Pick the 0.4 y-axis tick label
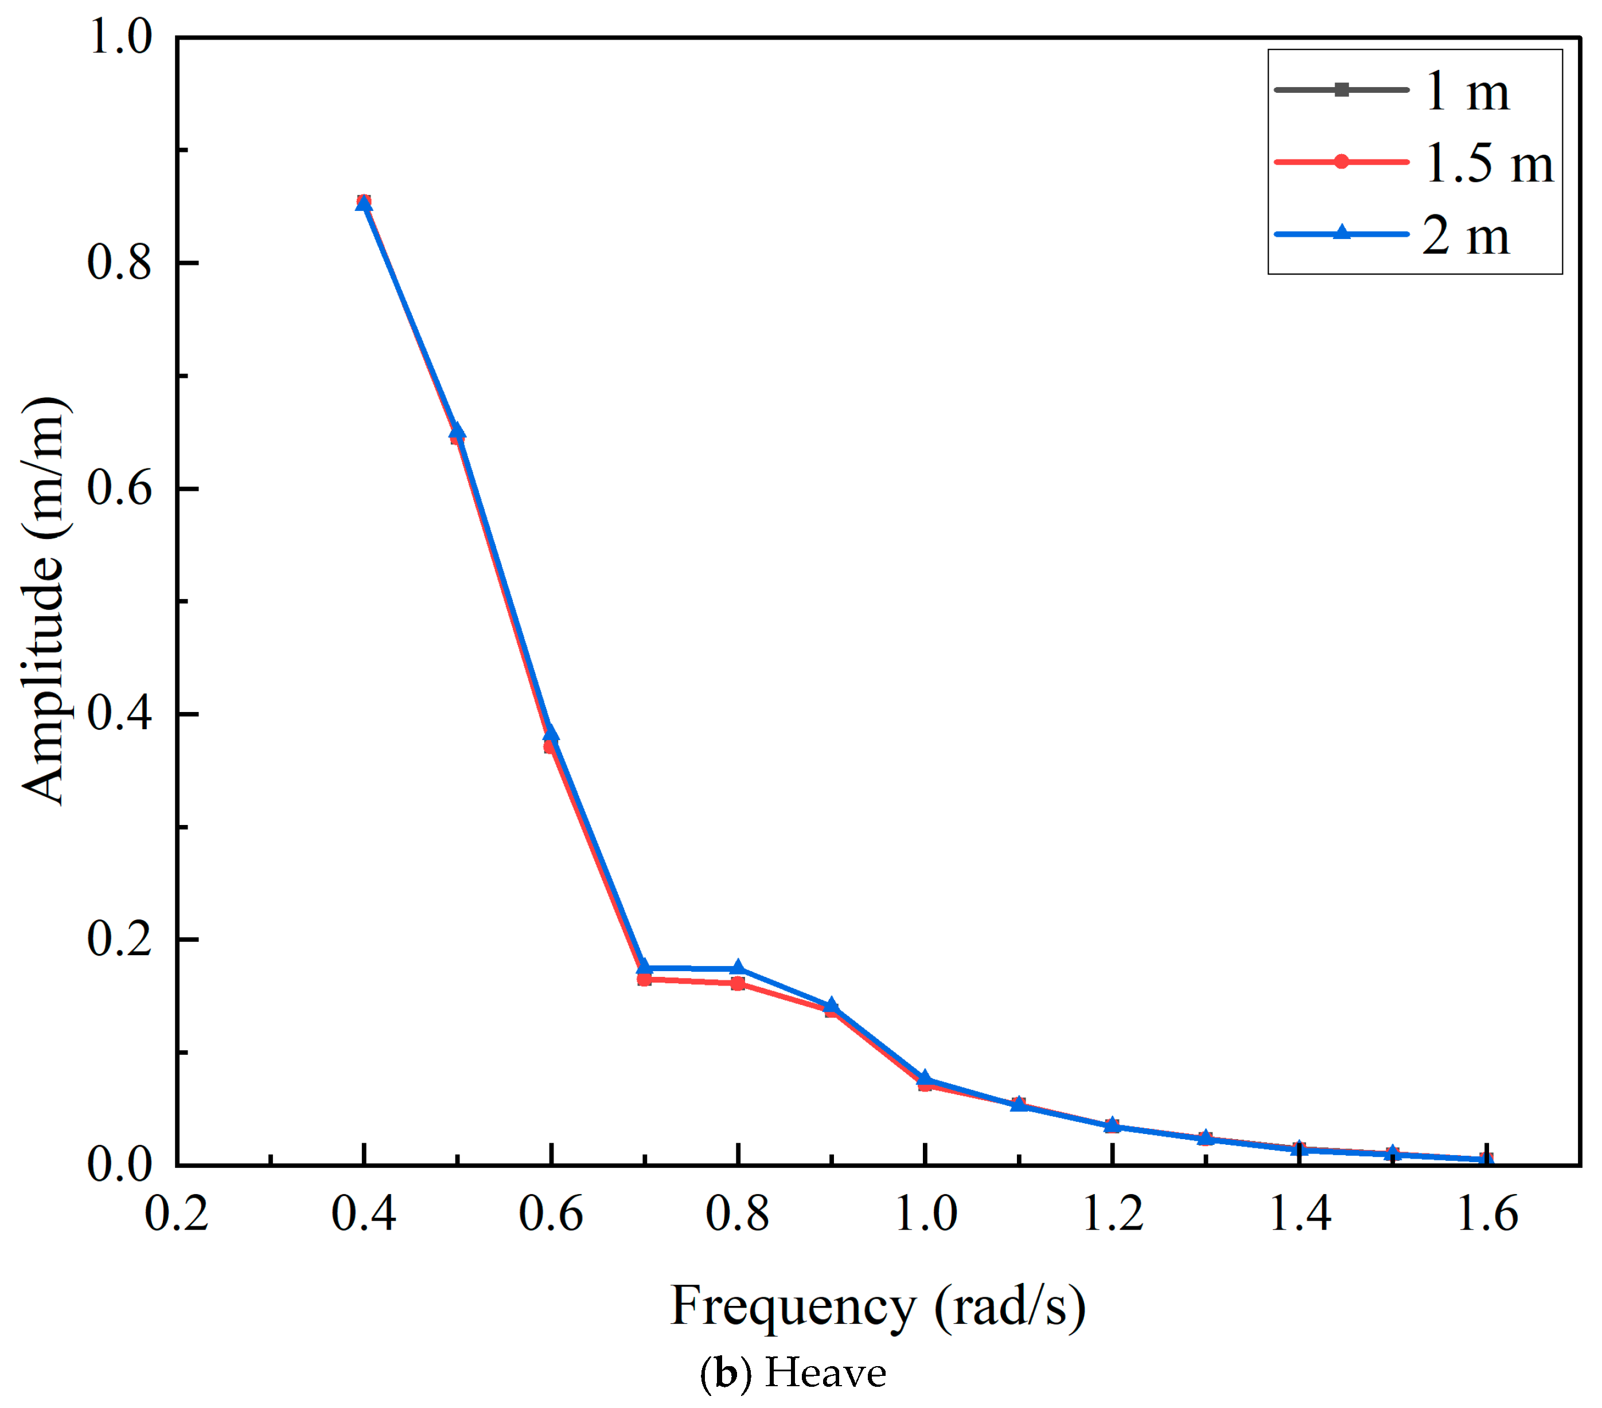click(x=119, y=714)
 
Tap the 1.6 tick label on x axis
click(x=1487, y=1214)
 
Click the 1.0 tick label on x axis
click(x=926, y=1214)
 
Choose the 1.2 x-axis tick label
click(x=1112, y=1214)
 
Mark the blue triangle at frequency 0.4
click(x=364, y=204)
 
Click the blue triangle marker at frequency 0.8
click(x=738, y=968)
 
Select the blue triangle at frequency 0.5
click(x=457, y=431)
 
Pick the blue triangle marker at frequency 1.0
click(x=925, y=1078)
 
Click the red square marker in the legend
click(x=1341, y=162)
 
